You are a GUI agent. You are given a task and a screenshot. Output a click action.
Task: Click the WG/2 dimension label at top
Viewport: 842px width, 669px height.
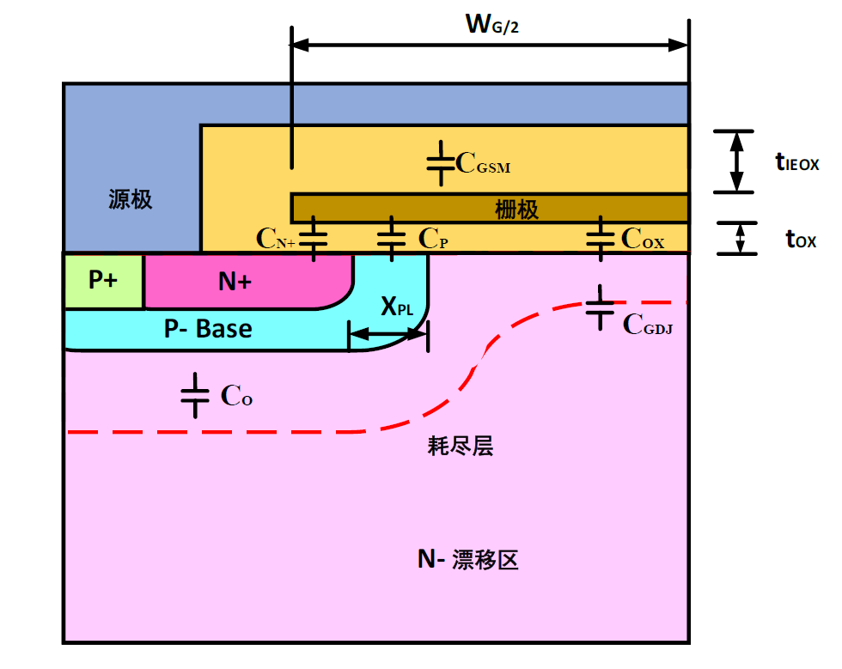(x=492, y=25)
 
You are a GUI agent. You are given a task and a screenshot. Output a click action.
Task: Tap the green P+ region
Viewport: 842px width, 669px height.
(x=103, y=281)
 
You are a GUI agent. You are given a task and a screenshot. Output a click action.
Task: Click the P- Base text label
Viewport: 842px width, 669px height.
(x=209, y=328)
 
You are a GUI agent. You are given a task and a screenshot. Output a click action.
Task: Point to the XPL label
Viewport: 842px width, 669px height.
(x=398, y=306)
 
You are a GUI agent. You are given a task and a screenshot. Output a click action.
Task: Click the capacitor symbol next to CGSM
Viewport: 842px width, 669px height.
(x=441, y=164)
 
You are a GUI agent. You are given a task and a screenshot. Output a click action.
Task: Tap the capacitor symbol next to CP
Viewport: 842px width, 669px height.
(x=392, y=239)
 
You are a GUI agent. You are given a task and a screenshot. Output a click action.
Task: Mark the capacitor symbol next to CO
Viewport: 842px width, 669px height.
(x=196, y=395)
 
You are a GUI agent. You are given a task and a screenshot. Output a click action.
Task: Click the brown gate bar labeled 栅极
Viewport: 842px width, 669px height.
(x=490, y=208)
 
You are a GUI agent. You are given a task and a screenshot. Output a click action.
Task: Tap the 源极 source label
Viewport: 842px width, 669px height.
(x=131, y=200)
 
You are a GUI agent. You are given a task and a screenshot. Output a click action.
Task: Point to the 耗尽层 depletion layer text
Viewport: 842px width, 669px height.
(x=461, y=446)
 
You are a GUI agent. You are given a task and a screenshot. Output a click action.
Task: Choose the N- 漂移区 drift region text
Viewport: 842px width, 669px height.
(x=469, y=561)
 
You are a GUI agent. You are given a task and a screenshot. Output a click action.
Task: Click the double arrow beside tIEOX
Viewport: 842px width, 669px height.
(x=735, y=161)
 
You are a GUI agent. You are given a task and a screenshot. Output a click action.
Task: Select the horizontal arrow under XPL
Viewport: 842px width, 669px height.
(x=387, y=336)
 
